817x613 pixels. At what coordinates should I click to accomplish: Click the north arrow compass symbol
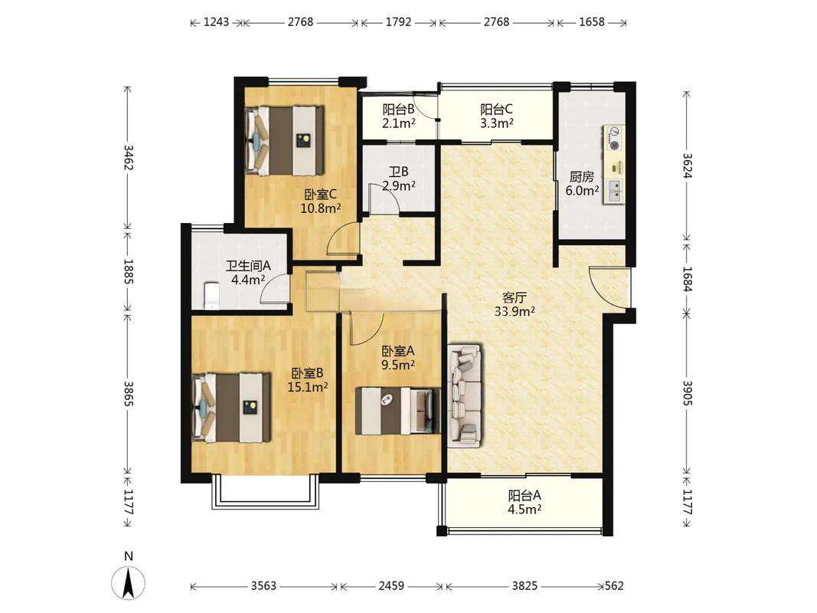[x=128, y=582]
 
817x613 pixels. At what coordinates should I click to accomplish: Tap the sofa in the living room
[x=465, y=395]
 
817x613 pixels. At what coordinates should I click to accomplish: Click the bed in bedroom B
[x=232, y=407]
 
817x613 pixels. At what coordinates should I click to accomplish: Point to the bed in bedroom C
[x=285, y=141]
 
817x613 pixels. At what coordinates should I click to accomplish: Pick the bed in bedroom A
[x=397, y=411]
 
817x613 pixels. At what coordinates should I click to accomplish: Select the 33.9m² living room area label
[x=515, y=312]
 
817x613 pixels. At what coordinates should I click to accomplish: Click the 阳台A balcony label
[x=525, y=495]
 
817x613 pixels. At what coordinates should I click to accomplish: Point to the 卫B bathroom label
[x=399, y=172]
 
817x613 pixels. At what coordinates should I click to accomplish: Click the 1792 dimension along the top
[x=399, y=22]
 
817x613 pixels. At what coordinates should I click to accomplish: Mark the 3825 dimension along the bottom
[x=525, y=586]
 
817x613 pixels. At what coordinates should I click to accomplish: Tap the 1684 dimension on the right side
[x=687, y=279]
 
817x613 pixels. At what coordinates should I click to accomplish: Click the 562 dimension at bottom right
[x=614, y=586]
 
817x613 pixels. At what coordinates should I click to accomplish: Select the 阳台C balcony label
[x=496, y=110]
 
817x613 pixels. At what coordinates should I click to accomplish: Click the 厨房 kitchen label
[x=581, y=177]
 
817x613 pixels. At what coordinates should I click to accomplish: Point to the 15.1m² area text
[x=307, y=387]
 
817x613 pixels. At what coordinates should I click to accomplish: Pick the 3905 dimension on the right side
[x=687, y=393]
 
